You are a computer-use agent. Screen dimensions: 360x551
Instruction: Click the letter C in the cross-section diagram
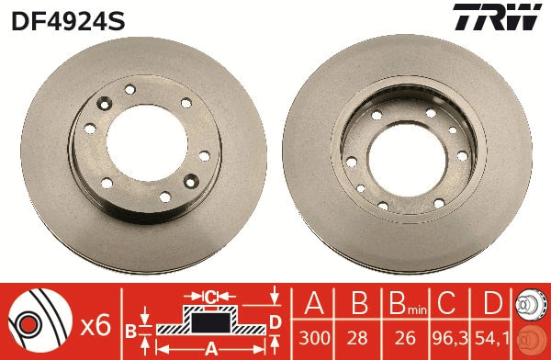pos(210,297)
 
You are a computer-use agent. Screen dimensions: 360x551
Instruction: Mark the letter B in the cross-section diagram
pos(130,329)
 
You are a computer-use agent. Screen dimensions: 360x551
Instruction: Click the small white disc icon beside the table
pos(531,302)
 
